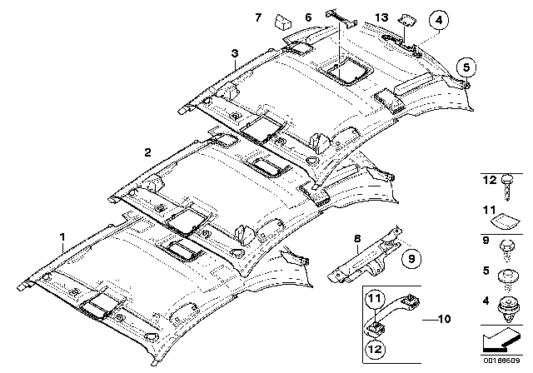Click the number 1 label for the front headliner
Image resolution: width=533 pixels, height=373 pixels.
(62, 237)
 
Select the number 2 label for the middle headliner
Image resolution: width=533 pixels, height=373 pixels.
(147, 152)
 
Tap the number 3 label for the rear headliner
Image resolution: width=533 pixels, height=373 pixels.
(236, 54)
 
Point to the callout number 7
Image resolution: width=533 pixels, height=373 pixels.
(258, 17)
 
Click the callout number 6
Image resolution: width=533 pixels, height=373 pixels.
(308, 17)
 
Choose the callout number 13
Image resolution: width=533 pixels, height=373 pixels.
(381, 17)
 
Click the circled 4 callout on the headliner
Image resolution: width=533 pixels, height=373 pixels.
(437, 17)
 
